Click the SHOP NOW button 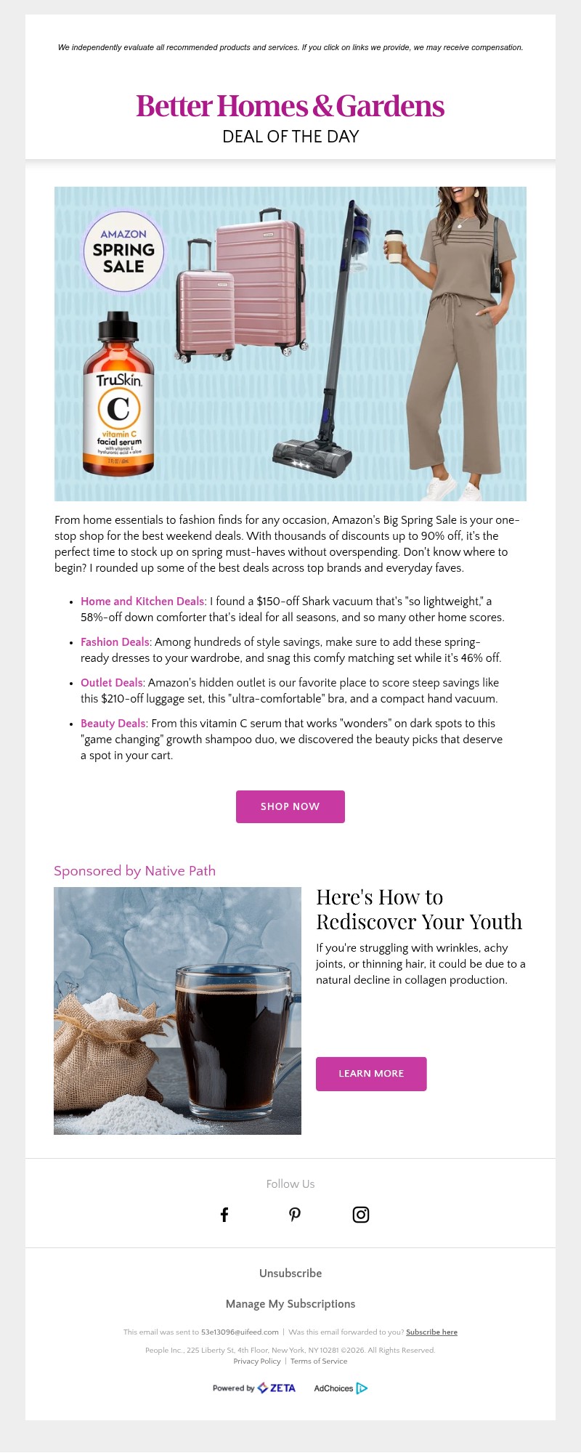(290, 806)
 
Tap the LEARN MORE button (371, 1074)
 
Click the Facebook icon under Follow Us (224, 1215)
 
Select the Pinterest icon (294, 1215)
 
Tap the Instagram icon (361, 1215)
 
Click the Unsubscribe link (290, 1273)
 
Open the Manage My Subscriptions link (290, 1303)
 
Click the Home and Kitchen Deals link (142, 602)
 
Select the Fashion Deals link (115, 642)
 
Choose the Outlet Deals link (111, 683)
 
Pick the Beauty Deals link (113, 724)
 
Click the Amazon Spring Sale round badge (123, 251)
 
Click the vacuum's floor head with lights (312, 458)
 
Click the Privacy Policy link (257, 1361)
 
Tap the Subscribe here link (431, 1332)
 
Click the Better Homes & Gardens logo (290, 106)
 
